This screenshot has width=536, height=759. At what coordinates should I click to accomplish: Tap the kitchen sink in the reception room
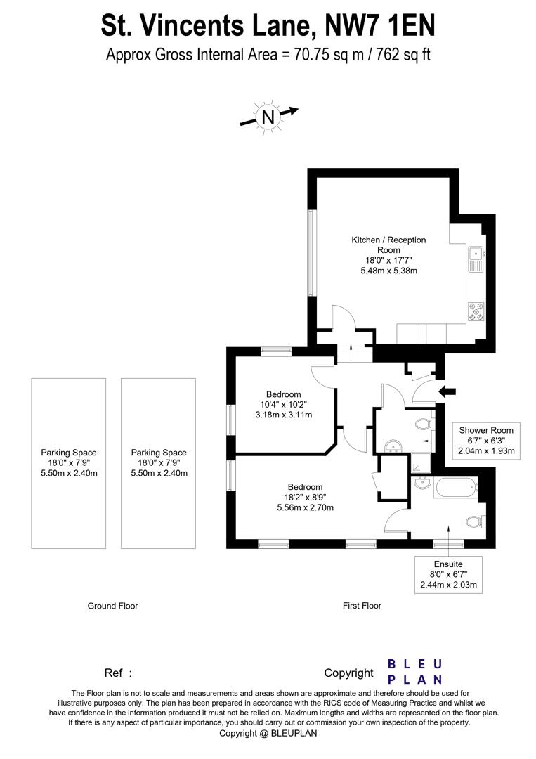coord(476,257)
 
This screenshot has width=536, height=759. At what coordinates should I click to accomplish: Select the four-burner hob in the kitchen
coord(476,311)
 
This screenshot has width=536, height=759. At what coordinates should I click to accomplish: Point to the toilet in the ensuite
coord(474,522)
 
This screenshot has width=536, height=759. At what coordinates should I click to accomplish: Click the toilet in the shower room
coord(422,424)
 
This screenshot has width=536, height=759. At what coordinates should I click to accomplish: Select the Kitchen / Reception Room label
coord(388,245)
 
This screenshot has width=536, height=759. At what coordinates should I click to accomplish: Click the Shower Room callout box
coord(486,441)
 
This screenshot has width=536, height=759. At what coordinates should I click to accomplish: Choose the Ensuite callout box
coord(447,574)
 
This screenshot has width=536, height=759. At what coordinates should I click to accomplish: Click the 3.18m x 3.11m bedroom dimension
coord(283,415)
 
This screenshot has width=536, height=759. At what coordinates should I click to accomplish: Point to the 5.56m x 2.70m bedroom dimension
coord(305,507)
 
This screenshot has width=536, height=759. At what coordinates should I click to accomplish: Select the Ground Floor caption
coord(112,606)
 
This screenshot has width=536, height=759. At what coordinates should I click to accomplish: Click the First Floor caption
coord(362,606)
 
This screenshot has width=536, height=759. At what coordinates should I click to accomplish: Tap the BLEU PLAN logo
coord(415,672)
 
